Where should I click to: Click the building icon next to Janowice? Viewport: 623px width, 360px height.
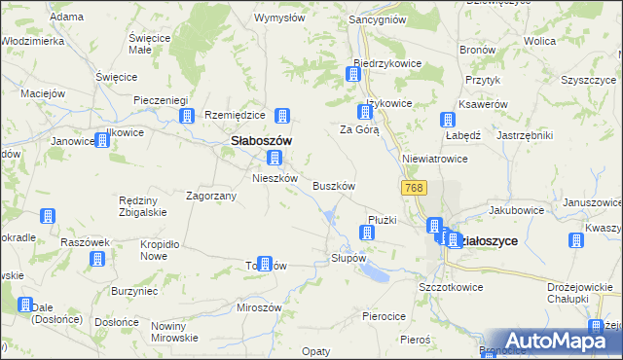[101, 140]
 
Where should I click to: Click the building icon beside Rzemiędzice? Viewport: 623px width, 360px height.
[282, 116]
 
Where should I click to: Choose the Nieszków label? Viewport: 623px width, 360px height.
[275, 178]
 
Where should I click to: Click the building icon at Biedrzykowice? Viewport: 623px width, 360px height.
[354, 73]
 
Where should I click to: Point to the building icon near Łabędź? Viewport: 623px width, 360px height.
[447, 121]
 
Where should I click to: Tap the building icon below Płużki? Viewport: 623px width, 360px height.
[367, 232]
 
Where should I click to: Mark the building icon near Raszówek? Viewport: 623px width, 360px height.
[97, 259]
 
